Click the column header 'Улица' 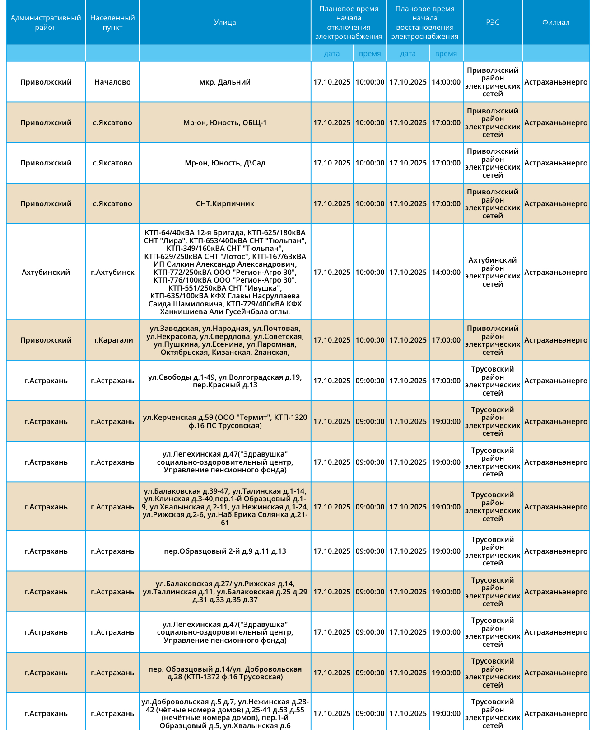tap(225, 23)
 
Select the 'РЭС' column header tap(493, 23)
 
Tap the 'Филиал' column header tap(556, 23)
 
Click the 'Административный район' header tap(46, 23)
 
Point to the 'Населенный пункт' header tap(112, 23)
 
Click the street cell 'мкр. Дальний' tap(225, 82)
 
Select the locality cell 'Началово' tap(112, 82)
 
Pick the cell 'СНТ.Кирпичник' tap(225, 203)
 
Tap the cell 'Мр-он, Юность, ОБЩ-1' tap(225, 122)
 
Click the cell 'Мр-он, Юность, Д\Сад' tap(225, 163)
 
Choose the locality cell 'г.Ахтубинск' tap(112, 272)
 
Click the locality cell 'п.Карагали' tap(112, 340)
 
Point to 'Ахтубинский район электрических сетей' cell tap(493, 272)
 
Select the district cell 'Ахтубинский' tap(46, 272)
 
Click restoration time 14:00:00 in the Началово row tap(446, 82)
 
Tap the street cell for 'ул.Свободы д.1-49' tap(225, 381)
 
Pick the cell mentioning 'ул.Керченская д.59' tap(225, 421)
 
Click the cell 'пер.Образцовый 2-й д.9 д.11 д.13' tap(225, 551)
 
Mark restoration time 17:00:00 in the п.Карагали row tap(446, 340)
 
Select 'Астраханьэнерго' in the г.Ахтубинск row tap(556, 272)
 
